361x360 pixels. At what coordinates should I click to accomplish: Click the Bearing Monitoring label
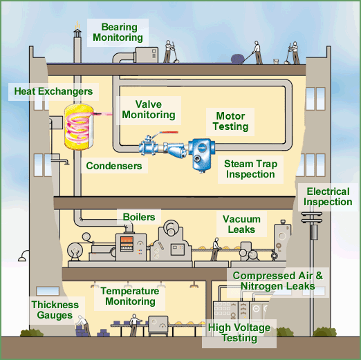(118, 32)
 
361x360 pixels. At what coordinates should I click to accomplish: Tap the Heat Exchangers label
(53, 91)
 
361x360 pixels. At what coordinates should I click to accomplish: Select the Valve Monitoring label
(149, 110)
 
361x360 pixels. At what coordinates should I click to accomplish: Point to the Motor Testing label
(230, 122)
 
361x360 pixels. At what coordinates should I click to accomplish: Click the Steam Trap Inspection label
(250, 169)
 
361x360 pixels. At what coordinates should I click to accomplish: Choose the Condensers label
(114, 166)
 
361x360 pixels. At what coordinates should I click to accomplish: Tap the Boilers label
(139, 217)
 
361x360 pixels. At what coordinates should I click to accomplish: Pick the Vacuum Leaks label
(241, 224)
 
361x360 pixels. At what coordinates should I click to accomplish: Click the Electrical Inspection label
(328, 197)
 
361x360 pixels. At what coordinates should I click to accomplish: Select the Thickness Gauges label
(55, 310)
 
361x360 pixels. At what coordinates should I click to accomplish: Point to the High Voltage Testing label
(239, 332)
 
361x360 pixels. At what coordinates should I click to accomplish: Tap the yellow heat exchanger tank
(79, 126)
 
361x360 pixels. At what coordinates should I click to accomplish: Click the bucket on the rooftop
(276, 61)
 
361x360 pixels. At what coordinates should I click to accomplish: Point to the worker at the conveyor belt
(215, 249)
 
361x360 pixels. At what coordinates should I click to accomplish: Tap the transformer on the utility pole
(314, 231)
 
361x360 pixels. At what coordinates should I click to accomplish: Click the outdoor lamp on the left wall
(23, 256)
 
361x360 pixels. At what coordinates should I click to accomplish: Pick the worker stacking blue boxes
(84, 325)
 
